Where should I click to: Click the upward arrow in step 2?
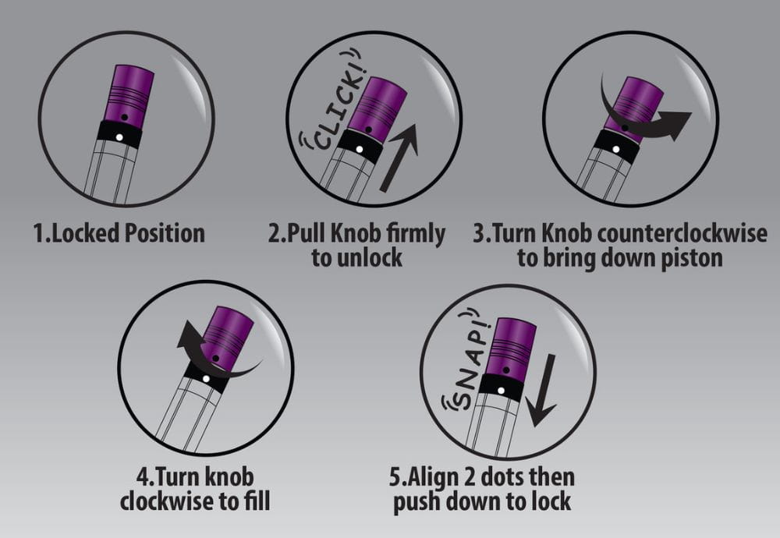pos(399,158)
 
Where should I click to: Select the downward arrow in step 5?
pos(542,391)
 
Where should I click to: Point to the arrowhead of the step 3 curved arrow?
pos(675,124)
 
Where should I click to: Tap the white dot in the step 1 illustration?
pos(119,137)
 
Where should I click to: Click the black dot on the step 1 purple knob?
pos(125,117)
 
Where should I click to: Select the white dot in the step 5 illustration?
pos(501,391)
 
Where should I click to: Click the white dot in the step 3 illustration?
pos(616,149)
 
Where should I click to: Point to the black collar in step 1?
pos(119,134)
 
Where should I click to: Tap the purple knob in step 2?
pos(376,108)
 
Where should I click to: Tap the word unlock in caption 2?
pos(369,258)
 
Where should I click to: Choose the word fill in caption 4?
pos(257,501)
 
